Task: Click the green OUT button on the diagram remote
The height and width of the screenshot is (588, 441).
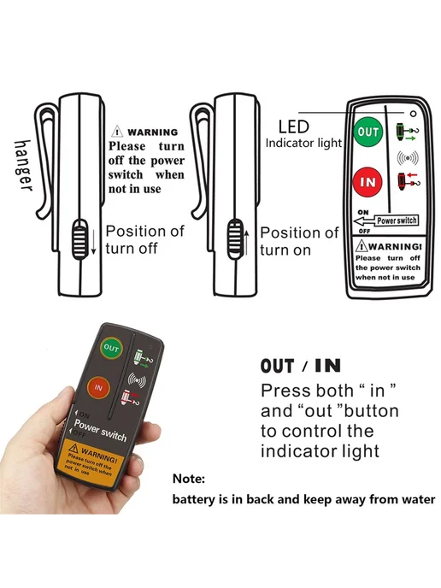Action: tap(367, 132)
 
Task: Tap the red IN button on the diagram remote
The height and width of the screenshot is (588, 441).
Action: tap(367, 182)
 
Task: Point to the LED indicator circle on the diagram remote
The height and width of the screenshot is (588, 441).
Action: tap(414, 114)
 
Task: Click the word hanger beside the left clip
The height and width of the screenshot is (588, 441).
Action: tap(23, 166)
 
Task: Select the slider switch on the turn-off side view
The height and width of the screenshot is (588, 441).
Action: tap(79, 239)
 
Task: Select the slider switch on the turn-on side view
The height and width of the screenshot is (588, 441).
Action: tap(235, 239)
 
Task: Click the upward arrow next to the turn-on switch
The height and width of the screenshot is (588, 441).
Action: tap(247, 243)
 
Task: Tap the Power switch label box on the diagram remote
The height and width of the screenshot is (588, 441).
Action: tap(397, 220)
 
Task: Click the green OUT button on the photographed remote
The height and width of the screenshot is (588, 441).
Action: tap(111, 348)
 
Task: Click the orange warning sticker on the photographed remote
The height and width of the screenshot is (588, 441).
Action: tap(90, 464)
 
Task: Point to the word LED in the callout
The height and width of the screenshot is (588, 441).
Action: tap(294, 127)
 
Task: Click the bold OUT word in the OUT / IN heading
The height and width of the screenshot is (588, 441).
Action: tap(277, 366)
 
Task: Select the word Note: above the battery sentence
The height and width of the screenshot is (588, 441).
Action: tap(189, 479)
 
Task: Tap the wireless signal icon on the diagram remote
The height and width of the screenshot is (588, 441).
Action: tap(408, 158)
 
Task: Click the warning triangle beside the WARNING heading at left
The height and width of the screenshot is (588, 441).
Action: tap(117, 132)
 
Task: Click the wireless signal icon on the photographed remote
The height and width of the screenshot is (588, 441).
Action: tap(137, 380)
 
